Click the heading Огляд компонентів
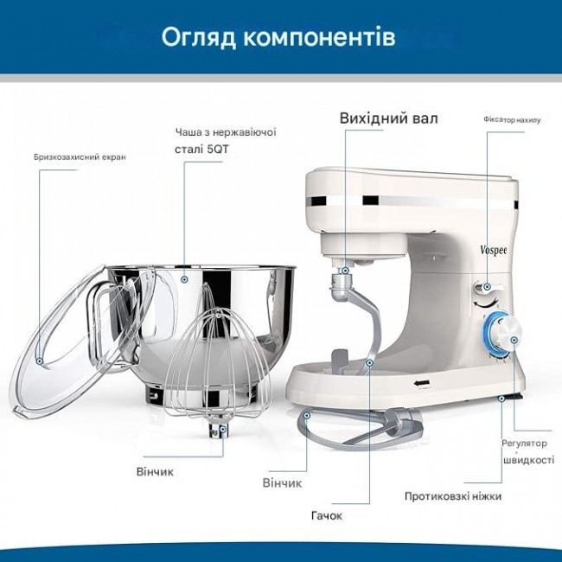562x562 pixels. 278,38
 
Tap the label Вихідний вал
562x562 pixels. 388,118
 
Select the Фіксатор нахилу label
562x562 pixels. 512,119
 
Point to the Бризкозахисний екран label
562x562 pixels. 80,157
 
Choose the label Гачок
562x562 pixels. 327,516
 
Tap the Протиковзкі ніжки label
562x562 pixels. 453,496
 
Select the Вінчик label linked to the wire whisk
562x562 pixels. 155,472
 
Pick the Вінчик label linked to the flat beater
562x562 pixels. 282,482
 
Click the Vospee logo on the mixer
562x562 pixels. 494,250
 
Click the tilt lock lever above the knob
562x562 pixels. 489,287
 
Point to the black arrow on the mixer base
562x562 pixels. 422,384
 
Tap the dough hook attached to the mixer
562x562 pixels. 360,323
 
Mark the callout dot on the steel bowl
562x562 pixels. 184,279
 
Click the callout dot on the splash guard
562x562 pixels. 40,361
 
